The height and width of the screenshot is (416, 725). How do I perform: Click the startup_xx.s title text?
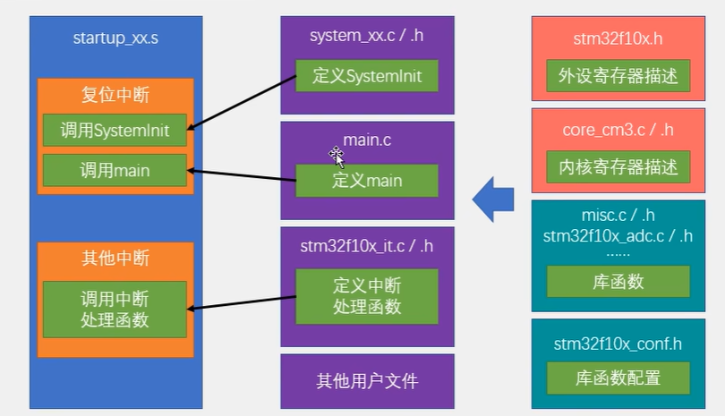pyautogui.click(x=115, y=38)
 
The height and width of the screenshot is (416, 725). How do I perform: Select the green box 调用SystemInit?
pyautogui.click(x=115, y=131)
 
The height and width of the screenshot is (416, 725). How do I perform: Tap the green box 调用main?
pyautogui.click(x=115, y=171)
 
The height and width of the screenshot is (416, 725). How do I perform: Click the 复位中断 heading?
pyautogui.click(x=115, y=95)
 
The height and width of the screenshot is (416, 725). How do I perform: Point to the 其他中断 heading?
pyautogui.click(x=115, y=258)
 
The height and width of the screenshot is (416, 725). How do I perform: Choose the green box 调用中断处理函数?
pyautogui.click(x=115, y=310)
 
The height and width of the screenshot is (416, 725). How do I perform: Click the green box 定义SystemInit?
pyautogui.click(x=367, y=76)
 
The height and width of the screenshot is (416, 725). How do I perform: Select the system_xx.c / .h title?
pyautogui.click(x=367, y=36)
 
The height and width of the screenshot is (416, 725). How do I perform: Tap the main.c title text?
pyautogui.click(x=367, y=140)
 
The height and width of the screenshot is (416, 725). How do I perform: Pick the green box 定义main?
pyautogui.click(x=367, y=181)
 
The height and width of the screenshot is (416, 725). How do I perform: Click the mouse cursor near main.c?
pyautogui.click(x=337, y=157)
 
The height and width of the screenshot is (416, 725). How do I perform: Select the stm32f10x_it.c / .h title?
pyautogui.click(x=367, y=246)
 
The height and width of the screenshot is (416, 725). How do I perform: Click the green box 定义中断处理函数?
pyautogui.click(x=367, y=296)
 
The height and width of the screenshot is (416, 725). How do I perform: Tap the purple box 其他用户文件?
pyautogui.click(x=367, y=381)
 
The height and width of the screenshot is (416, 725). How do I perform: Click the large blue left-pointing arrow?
pyautogui.click(x=493, y=200)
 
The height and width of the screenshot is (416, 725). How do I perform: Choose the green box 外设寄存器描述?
pyautogui.click(x=618, y=75)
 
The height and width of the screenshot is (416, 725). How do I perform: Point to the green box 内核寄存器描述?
pyautogui.click(x=618, y=167)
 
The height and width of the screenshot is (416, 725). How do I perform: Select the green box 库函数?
pyautogui.click(x=618, y=282)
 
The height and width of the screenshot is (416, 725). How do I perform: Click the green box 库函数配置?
pyautogui.click(x=618, y=378)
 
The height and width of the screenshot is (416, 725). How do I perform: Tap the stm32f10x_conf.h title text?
pyautogui.click(x=618, y=344)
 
